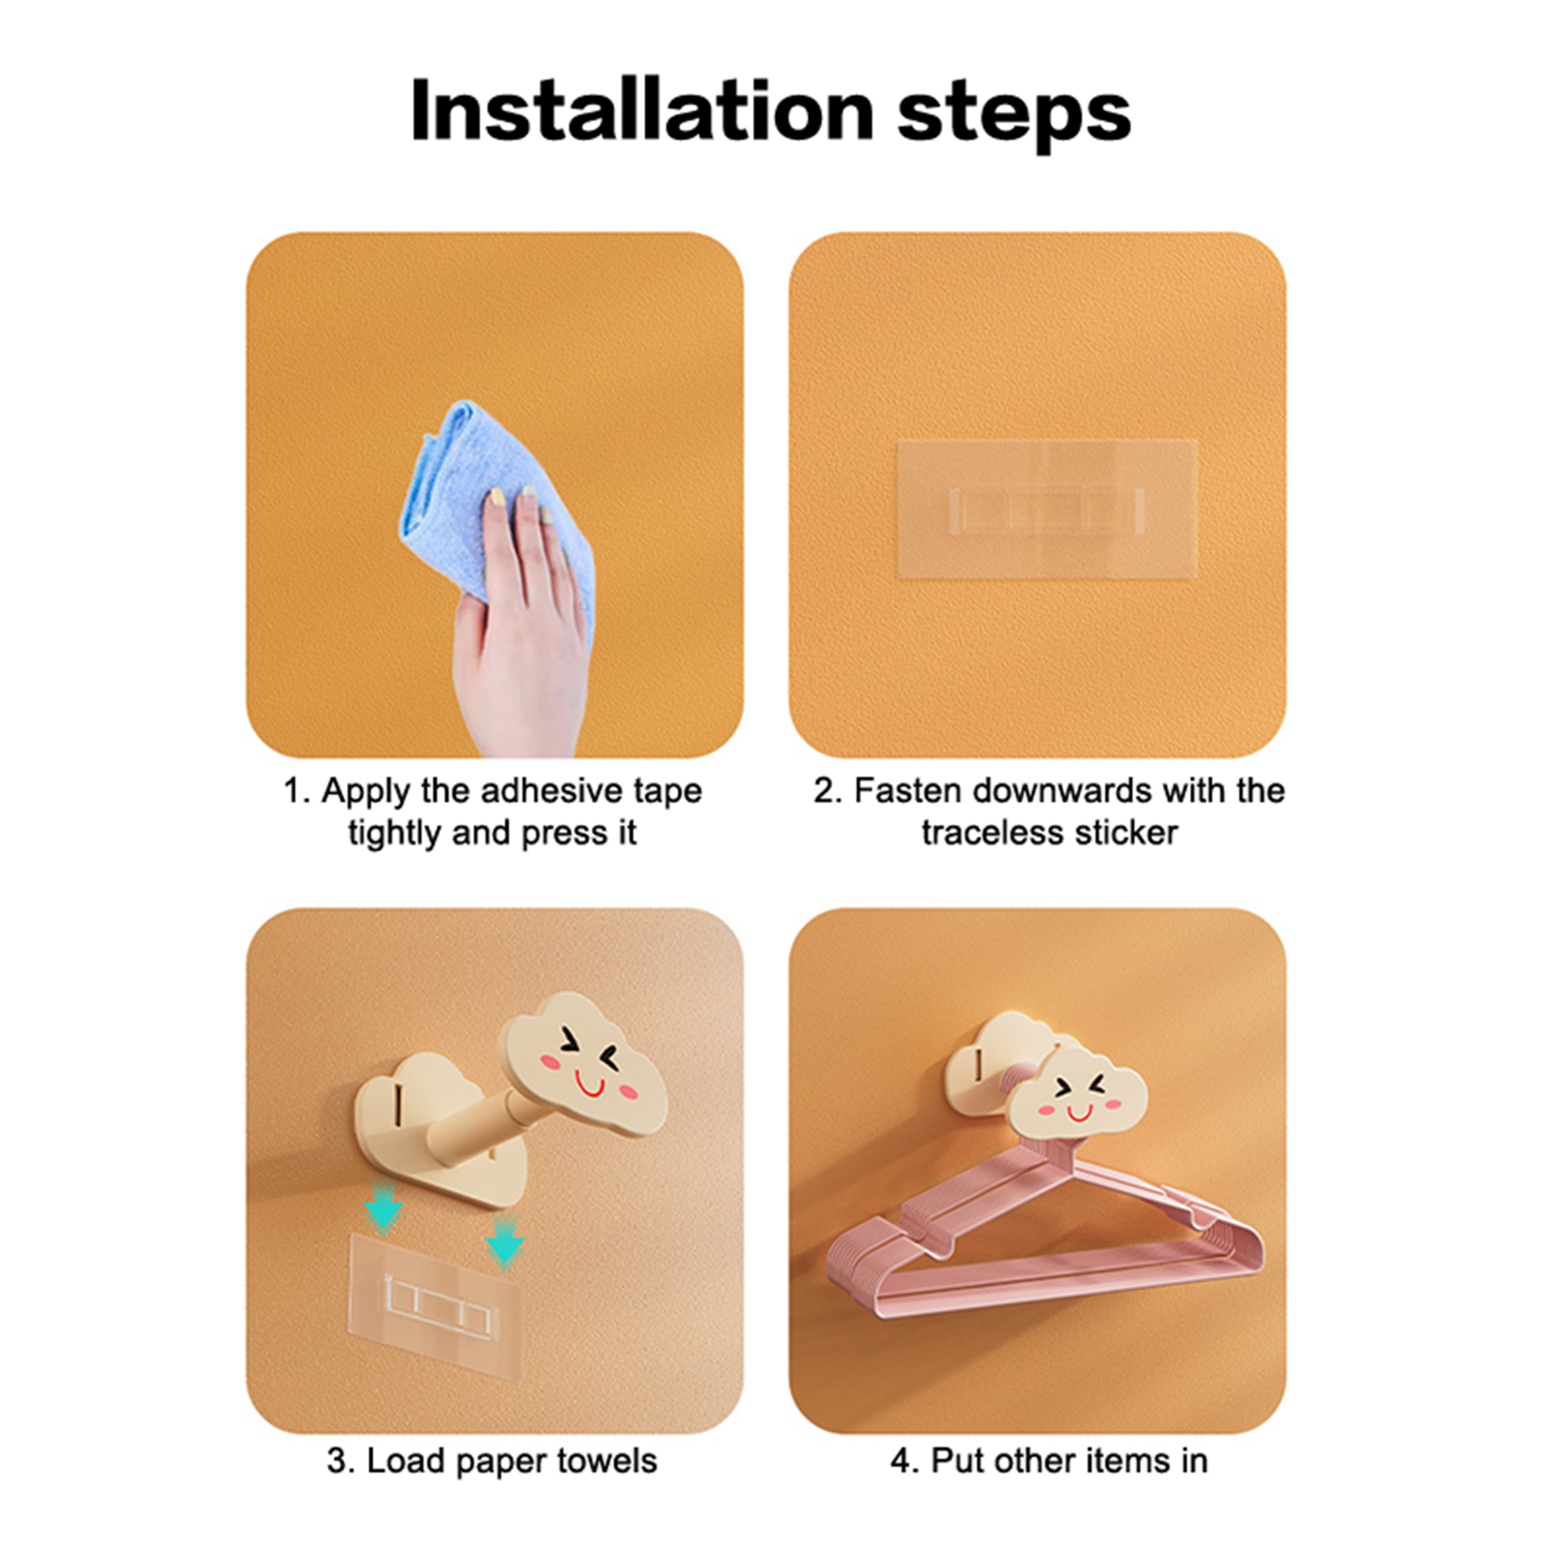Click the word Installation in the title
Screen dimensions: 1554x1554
point(642,111)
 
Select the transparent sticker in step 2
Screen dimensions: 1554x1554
point(1046,509)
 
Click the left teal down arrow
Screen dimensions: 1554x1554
point(384,1208)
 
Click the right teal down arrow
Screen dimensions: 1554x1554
point(504,1238)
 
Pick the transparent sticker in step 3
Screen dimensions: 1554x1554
point(435,1304)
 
